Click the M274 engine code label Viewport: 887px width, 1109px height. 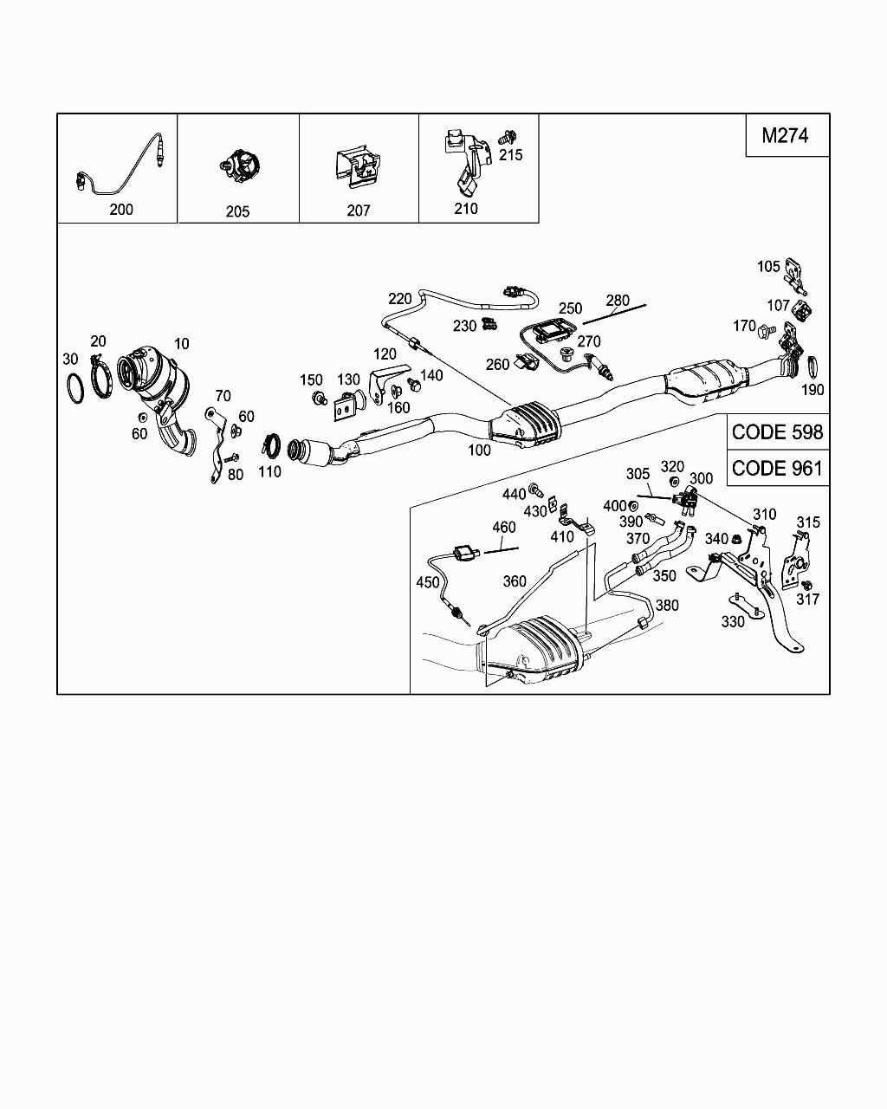pyautogui.click(x=785, y=135)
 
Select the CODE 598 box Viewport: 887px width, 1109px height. pyautogui.click(x=777, y=431)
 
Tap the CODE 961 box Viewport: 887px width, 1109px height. pyautogui.click(x=777, y=468)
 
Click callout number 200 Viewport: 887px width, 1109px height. pyautogui.click(x=121, y=209)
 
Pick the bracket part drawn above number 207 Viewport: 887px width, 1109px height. pyautogui.click(x=357, y=167)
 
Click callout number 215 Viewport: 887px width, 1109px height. pyautogui.click(x=511, y=154)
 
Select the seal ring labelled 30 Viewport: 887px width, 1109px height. pyautogui.click(x=75, y=388)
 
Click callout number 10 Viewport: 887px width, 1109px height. pyautogui.click(x=181, y=344)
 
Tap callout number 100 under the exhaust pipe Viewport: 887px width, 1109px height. pyautogui.click(x=478, y=450)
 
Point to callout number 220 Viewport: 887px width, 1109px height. pyautogui.click(x=400, y=299)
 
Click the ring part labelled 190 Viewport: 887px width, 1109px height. pyautogui.click(x=815, y=367)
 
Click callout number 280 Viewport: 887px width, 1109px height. pyautogui.click(x=618, y=301)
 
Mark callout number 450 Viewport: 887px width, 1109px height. pyautogui.click(x=428, y=582)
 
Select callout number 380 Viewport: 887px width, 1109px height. pyautogui.click(x=667, y=606)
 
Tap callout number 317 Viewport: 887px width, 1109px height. pyautogui.click(x=808, y=599)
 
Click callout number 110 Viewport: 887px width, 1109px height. pyautogui.click(x=269, y=472)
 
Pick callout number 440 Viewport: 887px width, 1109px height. pyautogui.click(x=514, y=494)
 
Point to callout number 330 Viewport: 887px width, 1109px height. pyautogui.click(x=733, y=621)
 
